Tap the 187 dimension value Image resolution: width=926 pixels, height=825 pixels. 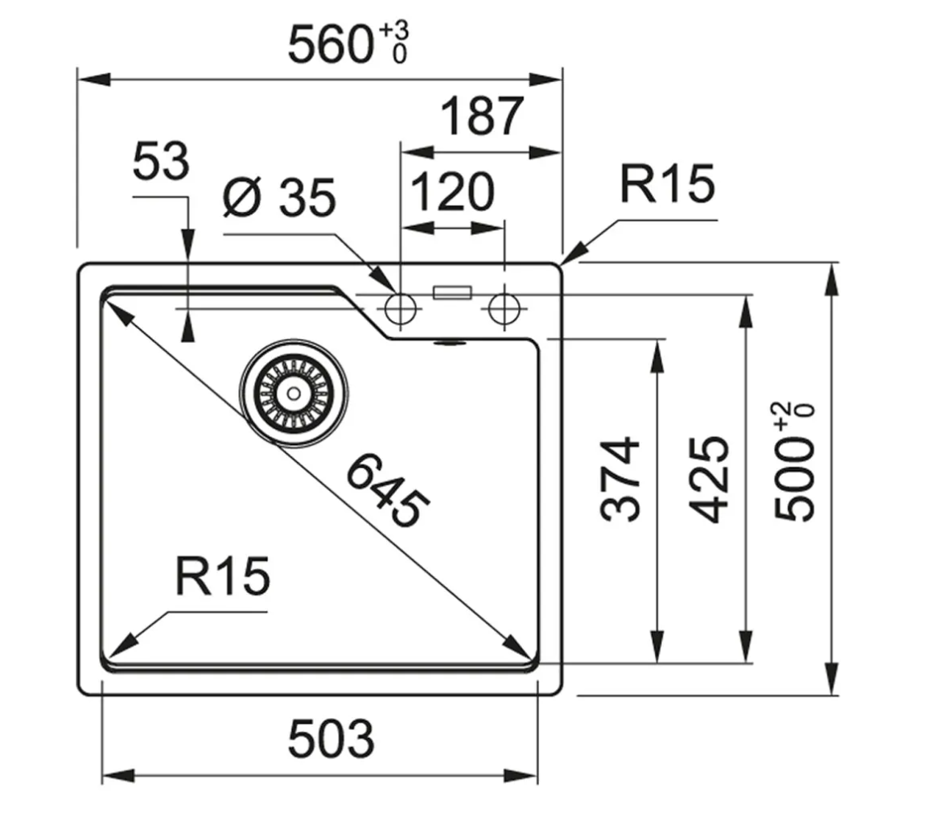coord(482,116)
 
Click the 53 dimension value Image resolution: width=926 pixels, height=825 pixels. coord(160,162)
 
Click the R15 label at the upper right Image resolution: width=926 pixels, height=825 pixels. coord(666,184)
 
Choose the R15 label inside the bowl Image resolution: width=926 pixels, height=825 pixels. coord(221,577)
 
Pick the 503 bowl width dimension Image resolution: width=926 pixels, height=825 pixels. coord(331,738)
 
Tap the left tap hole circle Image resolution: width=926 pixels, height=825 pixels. coord(400,307)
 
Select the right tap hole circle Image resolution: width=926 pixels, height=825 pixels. coord(504,307)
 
